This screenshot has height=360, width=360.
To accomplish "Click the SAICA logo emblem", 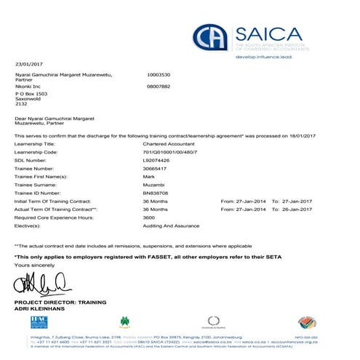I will point(211,37).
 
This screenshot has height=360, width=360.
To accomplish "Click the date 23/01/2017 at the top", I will point(30,64).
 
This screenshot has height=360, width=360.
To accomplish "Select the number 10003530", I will point(161,74).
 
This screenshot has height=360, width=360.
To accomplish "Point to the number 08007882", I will point(161,85).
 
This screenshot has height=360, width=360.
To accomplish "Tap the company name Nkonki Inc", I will point(29,85).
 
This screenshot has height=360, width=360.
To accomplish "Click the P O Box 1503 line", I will point(33,94).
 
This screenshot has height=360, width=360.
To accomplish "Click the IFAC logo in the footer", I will point(39,321).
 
